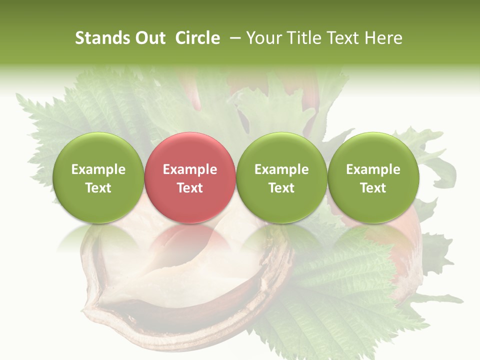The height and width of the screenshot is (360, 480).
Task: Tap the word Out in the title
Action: coord(149,38)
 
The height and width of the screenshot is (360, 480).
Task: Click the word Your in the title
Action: coord(263,38)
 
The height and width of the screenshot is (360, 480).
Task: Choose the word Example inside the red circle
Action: coord(189,169)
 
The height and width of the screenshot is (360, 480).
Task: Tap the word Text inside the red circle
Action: coord(189,188)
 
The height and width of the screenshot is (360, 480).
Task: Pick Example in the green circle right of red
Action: coord(281,169)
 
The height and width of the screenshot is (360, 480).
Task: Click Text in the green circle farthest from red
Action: coord(373,188)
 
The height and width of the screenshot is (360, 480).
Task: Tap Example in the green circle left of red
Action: coord(98,169)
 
